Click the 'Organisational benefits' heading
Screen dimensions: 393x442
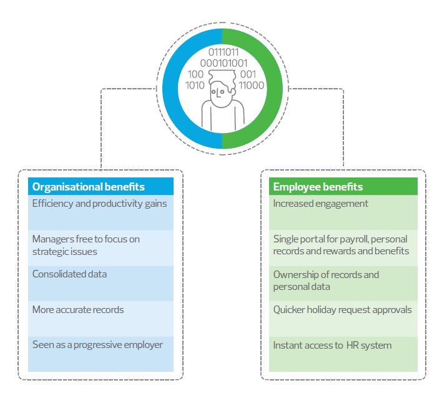(x=88, y=187)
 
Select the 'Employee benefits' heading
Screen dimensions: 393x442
(x=318, y=187)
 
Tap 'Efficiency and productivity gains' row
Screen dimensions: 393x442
(x=99, y=204)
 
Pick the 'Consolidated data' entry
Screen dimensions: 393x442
(x=69, y=274)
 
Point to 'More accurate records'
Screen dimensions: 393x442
(x=78, y=310)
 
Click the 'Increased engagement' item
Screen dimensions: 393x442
(x=320, y=204)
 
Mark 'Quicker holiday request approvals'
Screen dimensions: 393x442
(x=342, y=310)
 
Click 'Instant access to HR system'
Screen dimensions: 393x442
(x=332, y=345)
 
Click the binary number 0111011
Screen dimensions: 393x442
(x=223, y=52)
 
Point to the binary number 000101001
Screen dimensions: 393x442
(x=223, y=63)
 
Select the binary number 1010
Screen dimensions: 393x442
(x=195, y=85)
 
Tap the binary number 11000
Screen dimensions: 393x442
(x=251, y=85)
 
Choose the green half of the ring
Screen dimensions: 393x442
(x=270, y=87)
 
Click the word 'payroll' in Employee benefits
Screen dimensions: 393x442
(x=360, y=239)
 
